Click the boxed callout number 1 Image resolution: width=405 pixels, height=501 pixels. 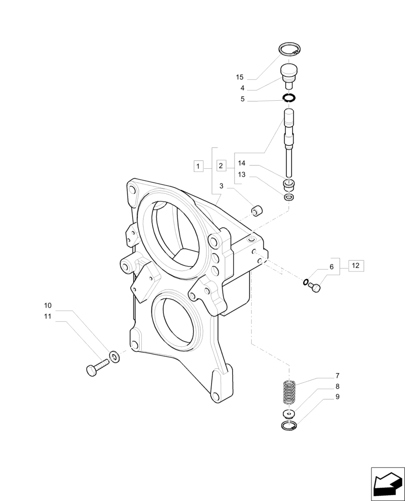click(198, 165)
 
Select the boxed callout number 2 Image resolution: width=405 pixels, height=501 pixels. click(221, 165)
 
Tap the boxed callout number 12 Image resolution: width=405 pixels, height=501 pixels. click(355, 266)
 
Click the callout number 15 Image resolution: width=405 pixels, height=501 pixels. click(240, 77)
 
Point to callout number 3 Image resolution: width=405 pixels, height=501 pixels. click(221, 186)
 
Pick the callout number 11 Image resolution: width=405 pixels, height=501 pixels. click(48, 317)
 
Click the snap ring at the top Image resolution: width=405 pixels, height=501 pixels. click(289, 50)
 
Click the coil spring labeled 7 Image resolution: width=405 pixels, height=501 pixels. click(289, 392)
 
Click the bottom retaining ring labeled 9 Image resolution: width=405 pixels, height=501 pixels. click(289, 426)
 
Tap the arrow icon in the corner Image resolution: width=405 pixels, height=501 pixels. click(387, 483)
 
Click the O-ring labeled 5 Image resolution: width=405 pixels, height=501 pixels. click(289, 98)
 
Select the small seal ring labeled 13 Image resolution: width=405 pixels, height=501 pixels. click(289, 197)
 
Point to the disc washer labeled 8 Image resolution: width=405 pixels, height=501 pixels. click(288, 413)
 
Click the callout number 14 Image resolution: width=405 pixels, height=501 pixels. click(242, 163)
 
